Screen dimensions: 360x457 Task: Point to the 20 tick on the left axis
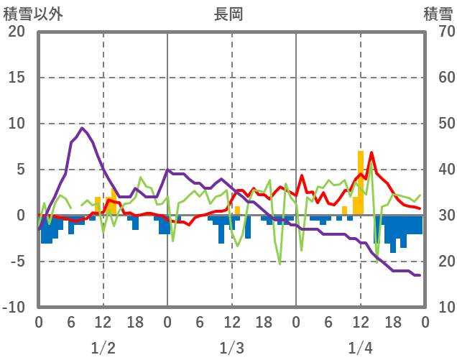pos(17,32)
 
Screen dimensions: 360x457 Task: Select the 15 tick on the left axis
pos(17,78)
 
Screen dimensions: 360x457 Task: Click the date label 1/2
pos(103,349)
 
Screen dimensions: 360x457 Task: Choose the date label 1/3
pos(231,349)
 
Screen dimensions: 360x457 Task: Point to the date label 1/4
pos(361,349)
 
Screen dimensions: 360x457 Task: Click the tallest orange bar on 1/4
pos(361,180)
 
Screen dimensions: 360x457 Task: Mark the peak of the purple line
pos(82,129)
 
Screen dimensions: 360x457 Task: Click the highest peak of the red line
pos(371,152)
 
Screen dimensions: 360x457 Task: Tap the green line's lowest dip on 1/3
pos(280,264)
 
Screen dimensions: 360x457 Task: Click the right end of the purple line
pos(420,275)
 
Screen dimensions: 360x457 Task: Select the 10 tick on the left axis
pos(17,124)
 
